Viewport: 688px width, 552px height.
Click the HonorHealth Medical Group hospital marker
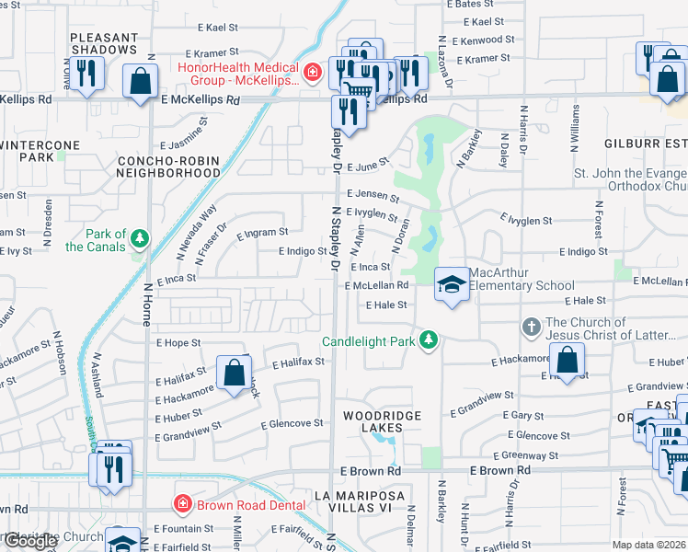(x=313, y=71)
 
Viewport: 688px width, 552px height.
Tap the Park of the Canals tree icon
(x=140, y=239)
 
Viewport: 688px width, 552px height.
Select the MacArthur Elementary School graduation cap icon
(x=451, y=284)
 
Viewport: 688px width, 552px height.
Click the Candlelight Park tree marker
(x=428, y=340)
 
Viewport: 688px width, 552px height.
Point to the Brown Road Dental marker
(x=182, y=503)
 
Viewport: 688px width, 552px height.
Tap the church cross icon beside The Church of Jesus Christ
(x=530, y=327)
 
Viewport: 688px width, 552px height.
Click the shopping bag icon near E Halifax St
(x=235, y=373)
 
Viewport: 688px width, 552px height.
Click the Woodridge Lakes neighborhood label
(x=382, y=416)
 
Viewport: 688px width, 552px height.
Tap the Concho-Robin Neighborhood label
(x=169, y=166)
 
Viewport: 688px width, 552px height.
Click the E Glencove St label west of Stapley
(x=292, y=424)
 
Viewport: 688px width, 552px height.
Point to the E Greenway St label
(x=525, y=454)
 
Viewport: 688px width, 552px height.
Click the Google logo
(x=30, y=541)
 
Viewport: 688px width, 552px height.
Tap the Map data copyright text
(x=649, y=546)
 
